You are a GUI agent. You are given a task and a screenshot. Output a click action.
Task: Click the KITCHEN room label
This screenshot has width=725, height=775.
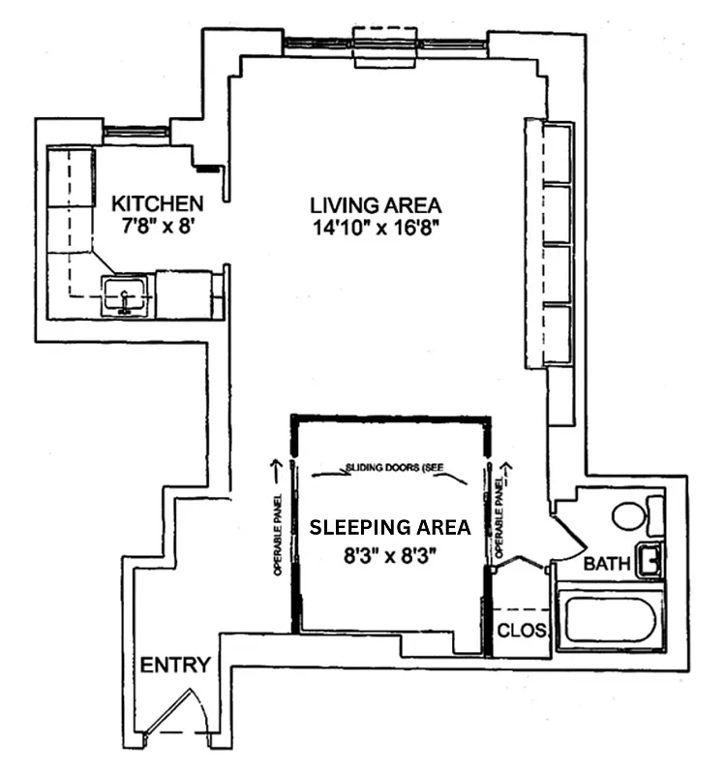point(158,204)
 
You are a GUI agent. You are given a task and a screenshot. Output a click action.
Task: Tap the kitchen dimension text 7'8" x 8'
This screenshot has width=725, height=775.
point(158,228)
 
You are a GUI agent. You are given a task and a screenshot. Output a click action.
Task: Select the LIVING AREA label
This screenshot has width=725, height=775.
point(376,205)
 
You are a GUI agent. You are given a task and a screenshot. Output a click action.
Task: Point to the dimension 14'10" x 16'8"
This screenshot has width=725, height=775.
point(376,229)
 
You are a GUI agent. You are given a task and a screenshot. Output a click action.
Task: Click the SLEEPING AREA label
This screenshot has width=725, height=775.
point(389,528)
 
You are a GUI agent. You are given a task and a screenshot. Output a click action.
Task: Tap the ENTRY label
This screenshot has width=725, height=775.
point(175,665)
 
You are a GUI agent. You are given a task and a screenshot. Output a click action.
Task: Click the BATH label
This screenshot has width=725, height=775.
point(607,564)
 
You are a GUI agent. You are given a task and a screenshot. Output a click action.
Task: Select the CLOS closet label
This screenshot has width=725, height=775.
point(522,631)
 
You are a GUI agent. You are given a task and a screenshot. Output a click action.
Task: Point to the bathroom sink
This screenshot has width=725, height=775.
point(650,560)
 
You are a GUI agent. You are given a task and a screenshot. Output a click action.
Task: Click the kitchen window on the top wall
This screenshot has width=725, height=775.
point(136,130)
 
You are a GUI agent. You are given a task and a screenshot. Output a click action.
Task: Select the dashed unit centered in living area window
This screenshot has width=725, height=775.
point(384,47)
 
